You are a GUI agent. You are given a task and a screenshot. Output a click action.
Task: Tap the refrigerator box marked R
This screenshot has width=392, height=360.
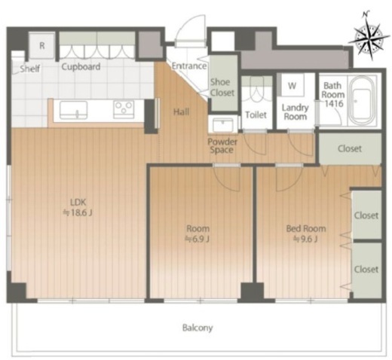click(42, 46)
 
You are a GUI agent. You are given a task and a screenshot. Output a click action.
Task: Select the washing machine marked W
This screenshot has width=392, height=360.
click(292, 85)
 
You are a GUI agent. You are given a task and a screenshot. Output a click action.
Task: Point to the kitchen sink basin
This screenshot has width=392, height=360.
click(74, 110)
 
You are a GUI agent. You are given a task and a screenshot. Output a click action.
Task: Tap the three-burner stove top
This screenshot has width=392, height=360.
click(124, 109)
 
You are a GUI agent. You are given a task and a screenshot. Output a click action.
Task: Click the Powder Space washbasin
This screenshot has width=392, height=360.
click(222, 124)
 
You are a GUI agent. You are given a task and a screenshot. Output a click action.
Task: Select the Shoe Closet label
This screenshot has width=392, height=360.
click(222, 87)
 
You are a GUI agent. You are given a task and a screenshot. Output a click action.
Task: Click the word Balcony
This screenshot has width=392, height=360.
click(198, 328)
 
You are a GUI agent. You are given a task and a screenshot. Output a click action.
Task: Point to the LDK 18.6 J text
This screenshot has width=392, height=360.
click(78, 207)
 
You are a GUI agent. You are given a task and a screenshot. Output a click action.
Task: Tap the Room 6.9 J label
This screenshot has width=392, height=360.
click(198, 233)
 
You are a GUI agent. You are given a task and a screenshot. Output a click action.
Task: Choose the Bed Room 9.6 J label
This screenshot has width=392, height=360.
click(306, 233)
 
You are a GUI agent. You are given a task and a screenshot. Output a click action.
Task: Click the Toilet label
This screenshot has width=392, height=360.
click(256, 114)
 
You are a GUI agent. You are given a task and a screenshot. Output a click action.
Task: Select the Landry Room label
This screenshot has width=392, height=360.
click(295, 112)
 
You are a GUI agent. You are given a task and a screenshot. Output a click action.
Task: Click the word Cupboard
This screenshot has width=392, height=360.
click(81, 66)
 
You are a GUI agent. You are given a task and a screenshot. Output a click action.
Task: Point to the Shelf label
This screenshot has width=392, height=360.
click(30, 69)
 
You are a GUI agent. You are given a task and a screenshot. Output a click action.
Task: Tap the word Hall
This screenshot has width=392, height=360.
click(181, 111)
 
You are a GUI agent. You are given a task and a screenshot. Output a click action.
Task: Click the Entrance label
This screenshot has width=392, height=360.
click(189, 66)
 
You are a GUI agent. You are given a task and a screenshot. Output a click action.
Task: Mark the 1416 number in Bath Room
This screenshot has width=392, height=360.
click(334, 103)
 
